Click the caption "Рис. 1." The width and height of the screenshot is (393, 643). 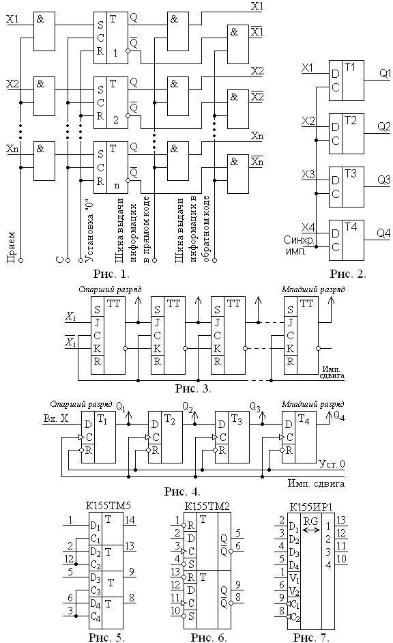(x=111, y=273)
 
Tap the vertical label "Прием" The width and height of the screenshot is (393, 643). (x=11, y=247)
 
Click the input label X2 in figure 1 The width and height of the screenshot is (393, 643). (x=13, y=84)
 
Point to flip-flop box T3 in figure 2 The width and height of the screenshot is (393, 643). (x=347, y=186)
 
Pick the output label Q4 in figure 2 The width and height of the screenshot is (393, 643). (x=383, y=233)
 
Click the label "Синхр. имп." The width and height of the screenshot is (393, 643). (x=298, y=245)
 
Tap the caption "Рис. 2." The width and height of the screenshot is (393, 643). (x=348, y=273)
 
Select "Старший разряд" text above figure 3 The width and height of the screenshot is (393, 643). (x=110, y=289)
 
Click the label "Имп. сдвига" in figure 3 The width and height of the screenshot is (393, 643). (x=333, y=372)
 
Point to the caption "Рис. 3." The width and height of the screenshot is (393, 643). (x=193, y=388)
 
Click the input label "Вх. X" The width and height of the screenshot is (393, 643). (x=56, y=418)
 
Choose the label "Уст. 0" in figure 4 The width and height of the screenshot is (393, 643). (x=332, y=463)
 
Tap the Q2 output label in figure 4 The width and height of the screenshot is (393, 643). (x=188, y=407)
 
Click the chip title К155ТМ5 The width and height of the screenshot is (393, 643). (x=108, y=505)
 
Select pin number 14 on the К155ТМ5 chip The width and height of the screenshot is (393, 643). (x=130, y=520)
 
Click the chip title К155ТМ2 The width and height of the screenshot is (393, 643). (x=207, y=506)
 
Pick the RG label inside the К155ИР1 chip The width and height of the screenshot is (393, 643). (x=311, y=521)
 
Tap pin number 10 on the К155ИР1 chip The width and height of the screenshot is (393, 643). (x=341, y=558)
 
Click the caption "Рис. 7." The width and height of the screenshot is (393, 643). (x=311, y=637)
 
